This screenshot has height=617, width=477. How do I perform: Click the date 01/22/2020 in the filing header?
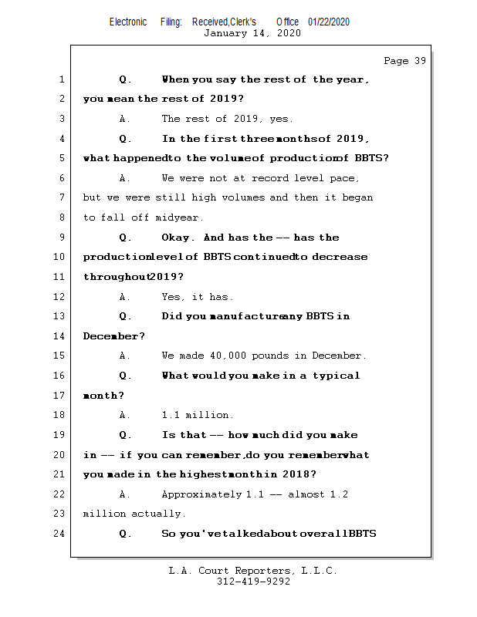point(329,22)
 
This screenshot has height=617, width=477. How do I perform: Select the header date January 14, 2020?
point(252,33)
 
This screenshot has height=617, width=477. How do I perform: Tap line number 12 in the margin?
point(62,296)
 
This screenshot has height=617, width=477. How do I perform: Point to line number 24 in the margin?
point(62,533)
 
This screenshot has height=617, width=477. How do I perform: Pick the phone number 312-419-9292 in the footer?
point(253,582)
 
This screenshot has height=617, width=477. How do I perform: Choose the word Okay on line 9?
point(175,238)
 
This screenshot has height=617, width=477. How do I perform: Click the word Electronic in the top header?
point(128,22)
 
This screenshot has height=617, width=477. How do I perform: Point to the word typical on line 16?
point(336,376)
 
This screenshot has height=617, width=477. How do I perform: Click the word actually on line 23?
point(158,514)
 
